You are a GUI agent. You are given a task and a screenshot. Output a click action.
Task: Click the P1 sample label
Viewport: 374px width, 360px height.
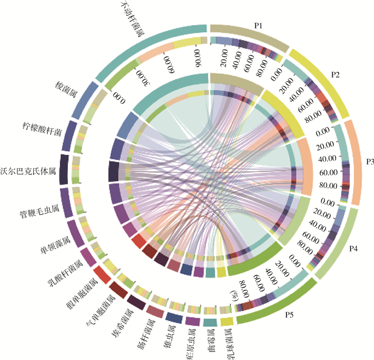(x=258, y=25)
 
